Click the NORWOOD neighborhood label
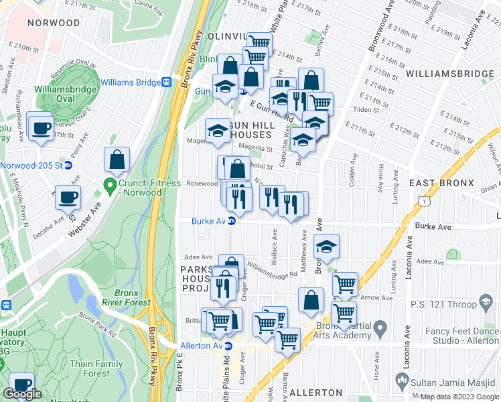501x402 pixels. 53,23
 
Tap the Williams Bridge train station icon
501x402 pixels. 166,82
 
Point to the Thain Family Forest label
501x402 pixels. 96,368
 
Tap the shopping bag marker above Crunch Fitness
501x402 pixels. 117,159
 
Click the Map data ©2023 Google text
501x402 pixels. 459,397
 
